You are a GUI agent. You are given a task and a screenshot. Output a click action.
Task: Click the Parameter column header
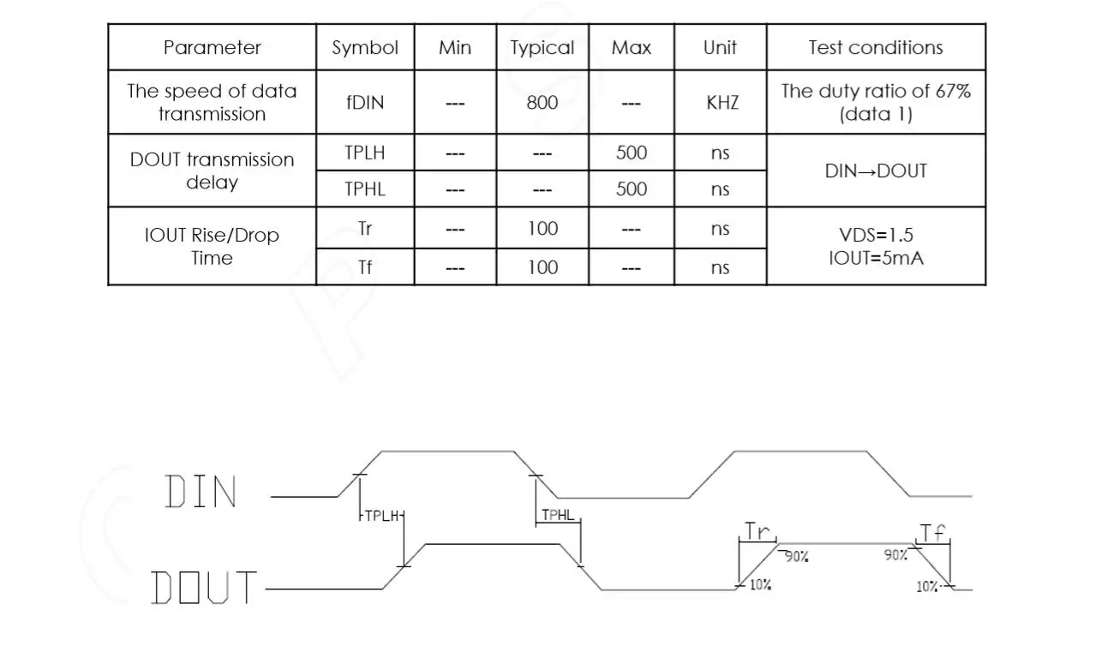(212, 48)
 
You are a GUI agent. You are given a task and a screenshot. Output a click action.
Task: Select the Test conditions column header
(875, 48)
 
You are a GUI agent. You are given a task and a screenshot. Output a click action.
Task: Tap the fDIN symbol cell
(364, 103)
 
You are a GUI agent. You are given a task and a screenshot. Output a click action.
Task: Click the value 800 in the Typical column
(542, 103)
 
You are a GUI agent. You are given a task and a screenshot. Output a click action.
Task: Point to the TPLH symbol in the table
(364, 153)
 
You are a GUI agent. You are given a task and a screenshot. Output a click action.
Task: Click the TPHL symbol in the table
(364, 189)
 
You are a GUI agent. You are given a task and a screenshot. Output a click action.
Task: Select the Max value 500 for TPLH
(631, 153)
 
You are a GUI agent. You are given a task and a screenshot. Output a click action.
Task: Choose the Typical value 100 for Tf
(542, 267)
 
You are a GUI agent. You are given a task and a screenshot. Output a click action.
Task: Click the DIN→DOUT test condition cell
(875, 170)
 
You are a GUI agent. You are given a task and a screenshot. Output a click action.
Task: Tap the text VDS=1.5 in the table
(875, 236)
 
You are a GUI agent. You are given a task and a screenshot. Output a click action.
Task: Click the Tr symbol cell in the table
(364, 229)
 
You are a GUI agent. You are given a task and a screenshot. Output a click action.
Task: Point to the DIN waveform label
(201, 492)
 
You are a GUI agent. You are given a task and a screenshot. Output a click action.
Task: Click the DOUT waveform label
(204, 588)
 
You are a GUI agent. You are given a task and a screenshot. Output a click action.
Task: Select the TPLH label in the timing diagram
(381, 516)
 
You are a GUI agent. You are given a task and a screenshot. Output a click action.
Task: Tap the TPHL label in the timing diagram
(558, 516)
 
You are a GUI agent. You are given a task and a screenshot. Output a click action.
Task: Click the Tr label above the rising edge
(757, 531)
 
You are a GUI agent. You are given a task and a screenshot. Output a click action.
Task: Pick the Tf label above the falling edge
(933, 532)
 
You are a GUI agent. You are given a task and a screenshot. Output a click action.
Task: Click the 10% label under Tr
(760, 585)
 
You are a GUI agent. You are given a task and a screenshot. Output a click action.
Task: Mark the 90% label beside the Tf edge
(895, 555)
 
